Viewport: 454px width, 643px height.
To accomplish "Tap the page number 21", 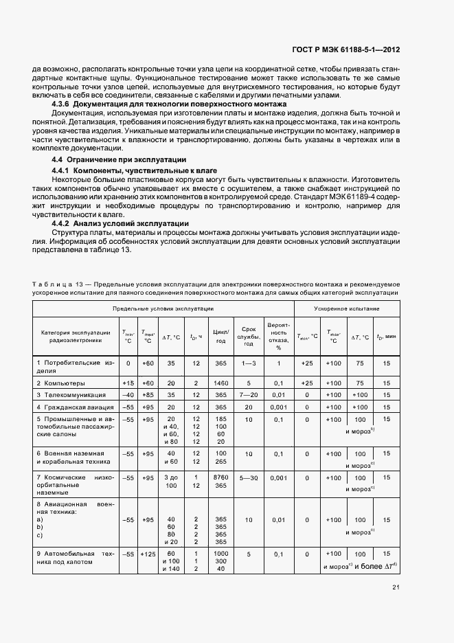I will tap(396, 587).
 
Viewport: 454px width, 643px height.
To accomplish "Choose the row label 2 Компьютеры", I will tap(61, 383).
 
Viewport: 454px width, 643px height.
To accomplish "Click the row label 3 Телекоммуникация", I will tap(71, 395).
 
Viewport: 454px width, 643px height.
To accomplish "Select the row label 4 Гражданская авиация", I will tap(75, 407).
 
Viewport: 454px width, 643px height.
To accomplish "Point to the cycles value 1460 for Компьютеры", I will tap(220, 383).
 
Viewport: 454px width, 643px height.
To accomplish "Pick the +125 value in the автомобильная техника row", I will tap(147, 553).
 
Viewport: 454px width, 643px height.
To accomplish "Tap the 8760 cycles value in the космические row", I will tap(220, 477).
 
